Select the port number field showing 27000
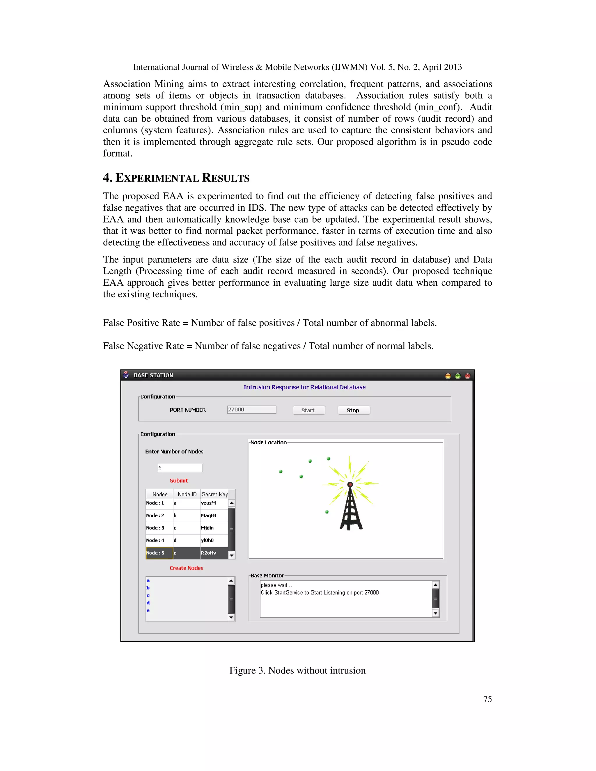point(251,410)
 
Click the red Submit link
point(179,480)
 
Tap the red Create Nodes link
point(186,568)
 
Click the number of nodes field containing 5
point(180,468)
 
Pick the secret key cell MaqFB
point(209,516)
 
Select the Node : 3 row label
point(155,528)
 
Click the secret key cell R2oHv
point(209,553)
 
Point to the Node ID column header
point(187,494)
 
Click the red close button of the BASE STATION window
point(467,376)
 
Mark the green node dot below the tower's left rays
point(327,512)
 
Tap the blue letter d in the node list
point(148,603)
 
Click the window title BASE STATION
point(153,375)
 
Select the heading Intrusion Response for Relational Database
point(304,387)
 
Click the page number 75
point(487,699)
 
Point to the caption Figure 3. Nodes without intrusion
point(297,670)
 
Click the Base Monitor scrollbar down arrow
point(435,613)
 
